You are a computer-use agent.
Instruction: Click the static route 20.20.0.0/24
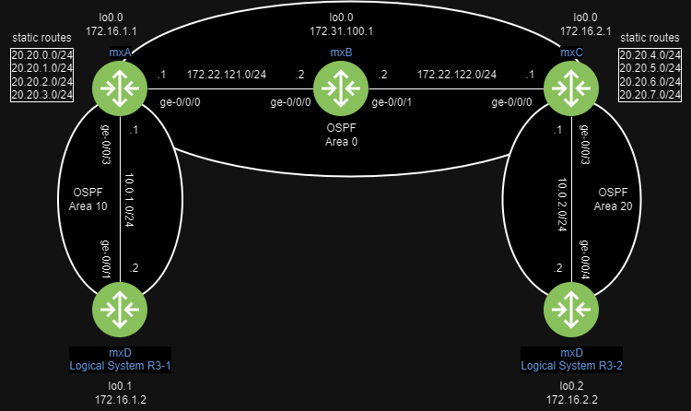point(41,56)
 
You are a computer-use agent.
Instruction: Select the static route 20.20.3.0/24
point(41,95)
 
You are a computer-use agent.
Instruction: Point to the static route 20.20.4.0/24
point(650,56)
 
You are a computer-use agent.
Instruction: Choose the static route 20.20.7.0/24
point(650,95)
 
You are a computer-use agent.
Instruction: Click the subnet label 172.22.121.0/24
point(226,74)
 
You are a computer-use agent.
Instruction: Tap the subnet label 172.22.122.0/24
point(456,74)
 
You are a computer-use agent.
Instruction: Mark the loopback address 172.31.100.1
point(341,30)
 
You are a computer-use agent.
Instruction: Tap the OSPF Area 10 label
point(90,200)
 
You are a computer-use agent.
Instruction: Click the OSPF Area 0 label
point(341,135)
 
